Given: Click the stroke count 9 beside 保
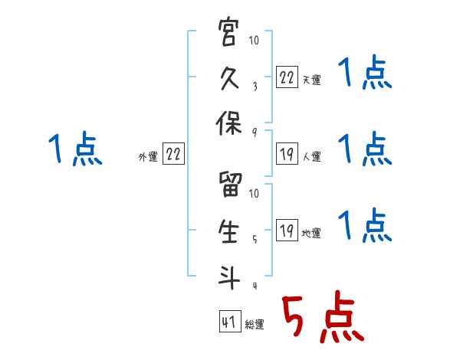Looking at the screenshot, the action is (x=255, y=133).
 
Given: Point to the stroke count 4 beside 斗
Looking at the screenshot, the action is (x=255, y=286).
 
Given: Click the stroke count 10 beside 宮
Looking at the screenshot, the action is (x=255, y=41).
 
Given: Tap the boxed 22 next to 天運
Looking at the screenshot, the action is (x=287, y=77).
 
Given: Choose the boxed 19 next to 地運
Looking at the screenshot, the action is (x=287, y=231).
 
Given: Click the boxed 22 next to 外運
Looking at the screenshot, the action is (x=174, y=154).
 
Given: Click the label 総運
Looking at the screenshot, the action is (x=255, y=324).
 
